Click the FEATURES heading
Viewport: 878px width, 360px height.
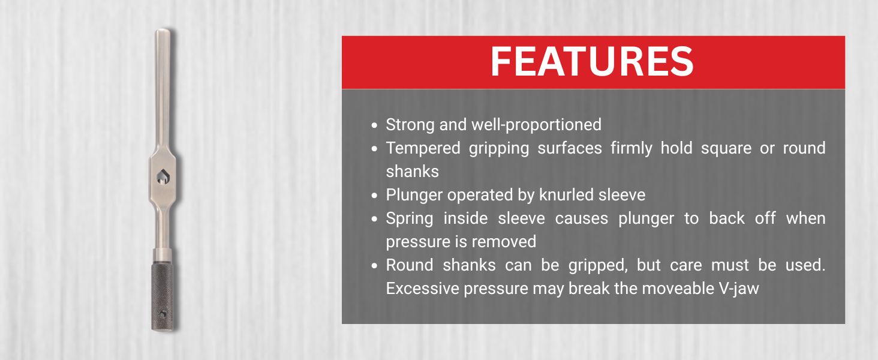tap(593, 61)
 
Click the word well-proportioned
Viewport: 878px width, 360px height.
tap(536, 125)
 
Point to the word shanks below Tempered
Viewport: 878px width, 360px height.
tap(413, 172)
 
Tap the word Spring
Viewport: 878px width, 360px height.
tap(409, 218)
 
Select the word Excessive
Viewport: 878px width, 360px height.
tap(423, 289)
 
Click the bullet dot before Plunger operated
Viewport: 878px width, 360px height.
tap(374, 196)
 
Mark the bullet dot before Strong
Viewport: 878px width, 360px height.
tap(374, 125)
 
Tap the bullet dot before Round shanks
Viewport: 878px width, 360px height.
tap(374, 266)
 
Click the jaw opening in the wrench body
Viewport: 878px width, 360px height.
tap(163, 176)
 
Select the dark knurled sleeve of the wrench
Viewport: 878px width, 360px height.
tap(163, 296)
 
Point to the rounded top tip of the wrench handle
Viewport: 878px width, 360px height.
tap(163, 30)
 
